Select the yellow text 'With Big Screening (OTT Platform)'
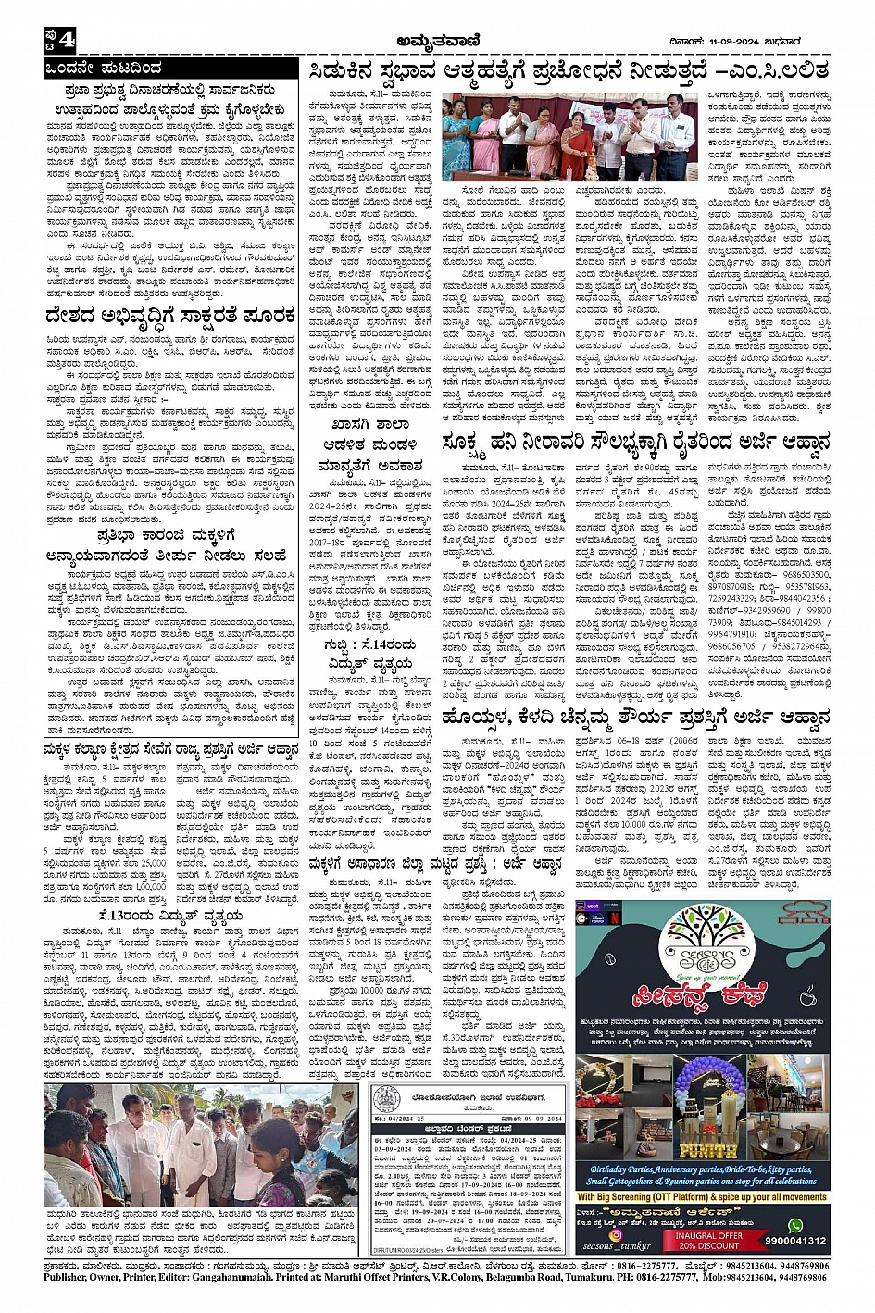pyautogui.click(x=648, y=1196)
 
